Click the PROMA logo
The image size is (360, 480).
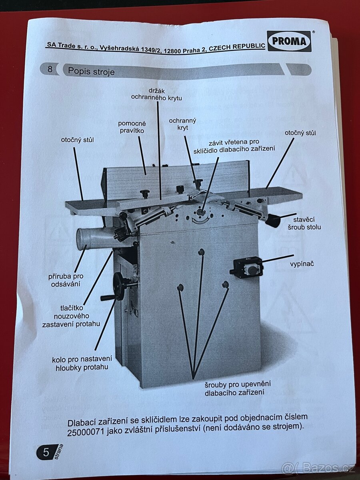click(289, 41)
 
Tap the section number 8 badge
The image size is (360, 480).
click(50, 69)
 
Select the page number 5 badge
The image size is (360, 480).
click(46, 452)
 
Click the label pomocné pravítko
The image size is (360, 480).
click(132, 127)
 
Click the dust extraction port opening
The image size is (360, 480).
click(82, 239)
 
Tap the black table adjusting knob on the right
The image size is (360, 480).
click(273, 220)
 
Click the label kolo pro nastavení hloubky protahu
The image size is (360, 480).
click(82, 363)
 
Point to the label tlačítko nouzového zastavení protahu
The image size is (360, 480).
click(71, 316)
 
